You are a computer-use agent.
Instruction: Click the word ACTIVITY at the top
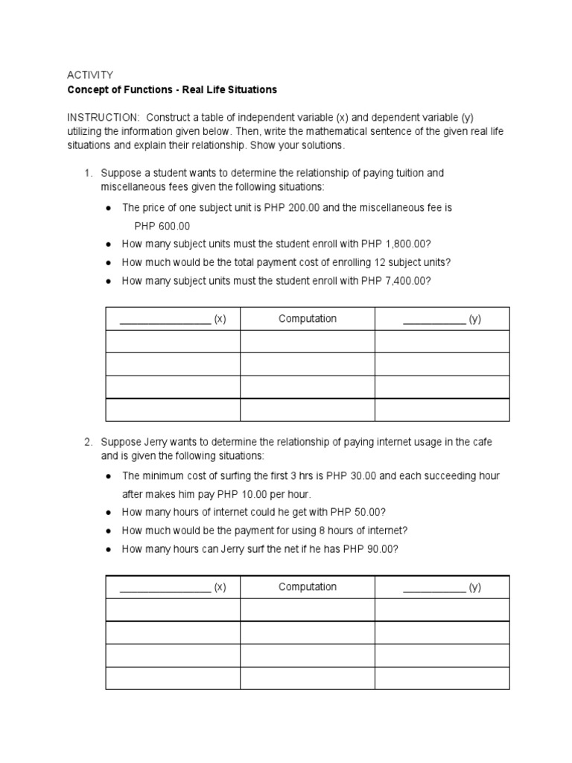[90, 75]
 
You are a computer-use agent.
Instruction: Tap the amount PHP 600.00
[162, 226]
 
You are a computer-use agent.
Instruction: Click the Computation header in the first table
[308, 319]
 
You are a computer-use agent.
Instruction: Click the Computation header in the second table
[308, 587]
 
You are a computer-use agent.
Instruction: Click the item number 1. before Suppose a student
[88, 173]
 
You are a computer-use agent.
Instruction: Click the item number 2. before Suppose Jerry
[88, 442]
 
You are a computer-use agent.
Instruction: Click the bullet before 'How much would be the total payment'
[109, 263]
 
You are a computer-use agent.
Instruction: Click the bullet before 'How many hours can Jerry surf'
[109, 549]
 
